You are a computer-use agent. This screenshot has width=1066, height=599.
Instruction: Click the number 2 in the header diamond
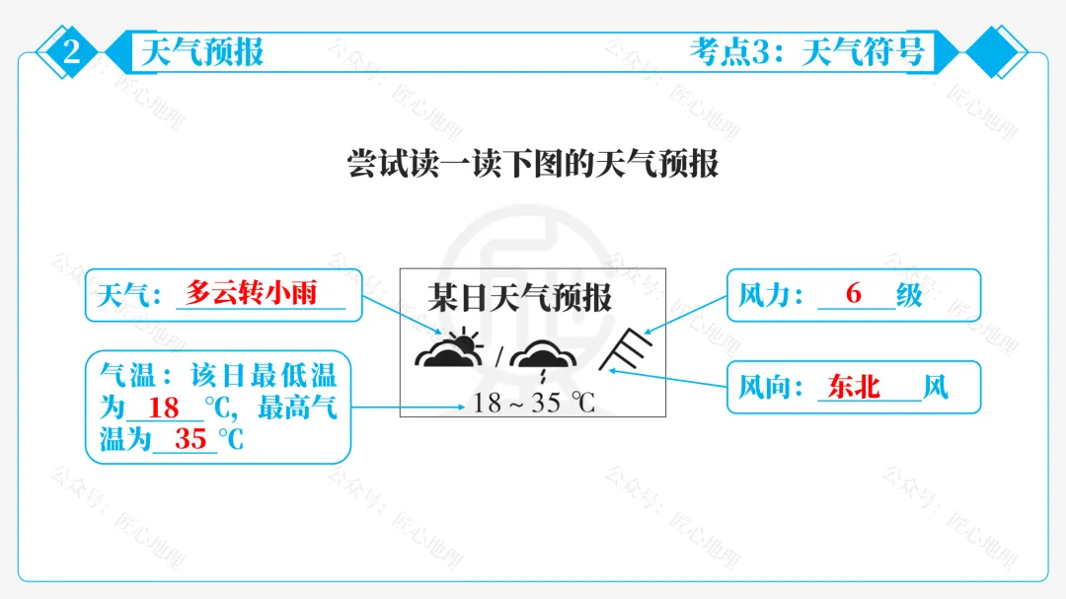[x=72, y=52]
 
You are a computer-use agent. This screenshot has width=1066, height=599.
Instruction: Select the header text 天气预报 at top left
[x=202, y=51]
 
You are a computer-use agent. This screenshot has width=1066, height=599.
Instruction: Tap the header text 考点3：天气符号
[x=806, y=51]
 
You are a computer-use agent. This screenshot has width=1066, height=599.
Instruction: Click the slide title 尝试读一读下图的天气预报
[x=533, y=164]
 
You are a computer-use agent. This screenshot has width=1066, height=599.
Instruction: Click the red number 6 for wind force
[x=854, y=293]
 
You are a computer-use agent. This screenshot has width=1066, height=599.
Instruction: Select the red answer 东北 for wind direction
[x=855, y=386]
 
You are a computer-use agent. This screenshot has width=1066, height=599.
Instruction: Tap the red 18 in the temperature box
[x=164, y=407]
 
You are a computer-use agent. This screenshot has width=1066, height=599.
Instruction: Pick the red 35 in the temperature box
[x=190, y=438]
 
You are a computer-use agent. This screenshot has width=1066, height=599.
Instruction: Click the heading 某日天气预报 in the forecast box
[x=520, y=297]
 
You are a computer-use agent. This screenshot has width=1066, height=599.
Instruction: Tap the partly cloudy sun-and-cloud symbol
[x=451, y=349]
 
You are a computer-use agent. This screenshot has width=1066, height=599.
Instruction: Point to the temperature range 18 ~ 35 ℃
[x=533, y=403]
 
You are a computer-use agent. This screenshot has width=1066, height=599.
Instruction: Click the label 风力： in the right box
[x=773, y=294]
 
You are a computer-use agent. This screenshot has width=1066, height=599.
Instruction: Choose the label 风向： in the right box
[x=773, y=387]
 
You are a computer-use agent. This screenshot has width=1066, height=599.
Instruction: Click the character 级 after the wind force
[x=909, y=294]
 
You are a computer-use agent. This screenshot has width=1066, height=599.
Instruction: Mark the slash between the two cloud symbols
[x=499, y=354]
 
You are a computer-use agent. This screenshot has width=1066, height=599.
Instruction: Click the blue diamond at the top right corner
[x=996, y=52]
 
